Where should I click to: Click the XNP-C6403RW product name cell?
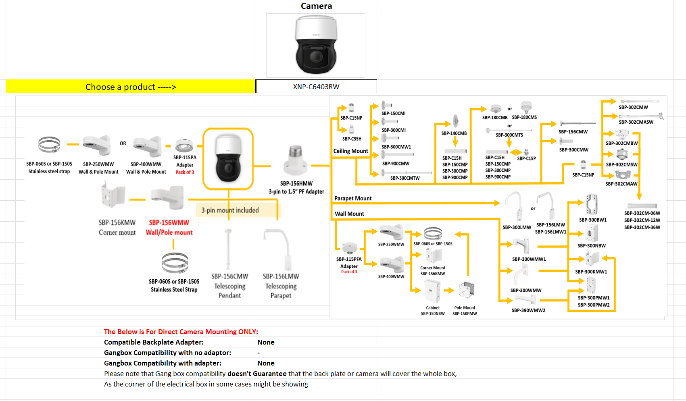point(316,87)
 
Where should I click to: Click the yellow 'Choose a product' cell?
point(131,87)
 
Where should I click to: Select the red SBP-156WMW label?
point(169,222)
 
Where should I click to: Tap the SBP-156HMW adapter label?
point(296,183)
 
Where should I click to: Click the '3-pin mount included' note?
point(230,210)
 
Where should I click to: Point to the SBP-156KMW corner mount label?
point(117,222)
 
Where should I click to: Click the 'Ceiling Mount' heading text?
point(350,151)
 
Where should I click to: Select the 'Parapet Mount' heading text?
point(353,198)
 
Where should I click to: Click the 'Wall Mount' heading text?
point(349,214)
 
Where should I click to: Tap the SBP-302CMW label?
point(633,107)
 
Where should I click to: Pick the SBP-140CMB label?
point(454,133)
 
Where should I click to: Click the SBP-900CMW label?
point(396,164)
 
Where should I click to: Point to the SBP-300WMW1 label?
point(529,259)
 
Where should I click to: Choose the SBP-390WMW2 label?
point(528,310)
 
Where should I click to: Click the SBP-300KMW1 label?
point(591,272)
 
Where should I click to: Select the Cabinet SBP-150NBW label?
point(433,311)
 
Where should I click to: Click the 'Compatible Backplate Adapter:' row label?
point(154,342)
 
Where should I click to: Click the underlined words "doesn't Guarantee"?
point(257,374)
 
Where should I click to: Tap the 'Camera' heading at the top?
point(316,6)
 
